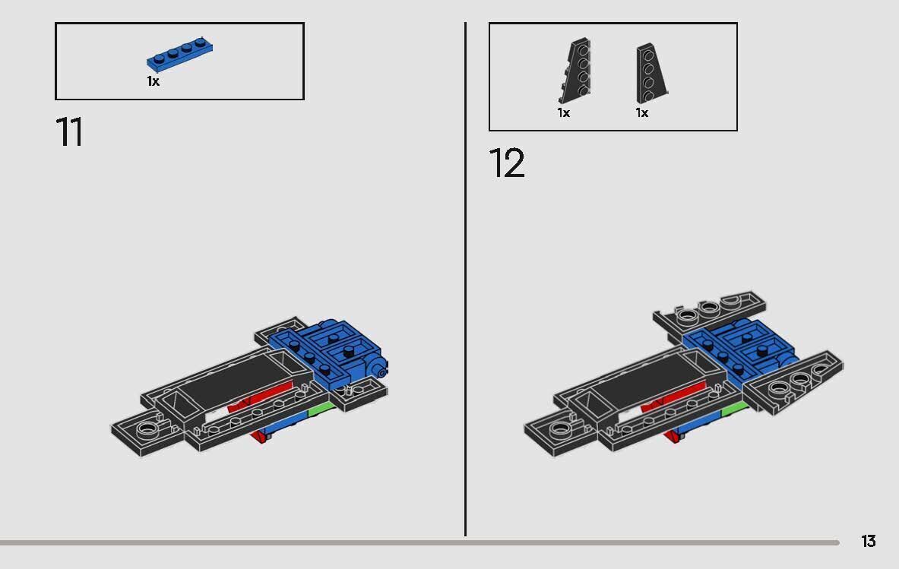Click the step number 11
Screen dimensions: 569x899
click(x=69, y=132)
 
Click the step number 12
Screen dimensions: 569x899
click(x=506, y=163)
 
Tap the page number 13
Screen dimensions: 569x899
click(x=868, y=541)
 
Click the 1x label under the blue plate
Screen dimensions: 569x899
click(x=154, y=81)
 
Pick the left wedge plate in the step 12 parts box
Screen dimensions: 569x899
click(x=575, y=71)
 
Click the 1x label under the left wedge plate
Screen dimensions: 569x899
click(x=563, y=112)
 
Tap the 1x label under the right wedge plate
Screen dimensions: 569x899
click(x=642, y=112)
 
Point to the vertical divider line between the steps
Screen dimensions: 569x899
click(x=465, y=281)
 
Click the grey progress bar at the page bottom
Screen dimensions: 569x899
click(x=418, y=542)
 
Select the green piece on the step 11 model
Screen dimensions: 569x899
click(x=321, y=411)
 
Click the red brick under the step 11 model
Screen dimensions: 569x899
click(x=261, y=435)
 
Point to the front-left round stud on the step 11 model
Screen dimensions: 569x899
click(x=150, y=429)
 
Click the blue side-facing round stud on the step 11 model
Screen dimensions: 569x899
click(x=378, y=369)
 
